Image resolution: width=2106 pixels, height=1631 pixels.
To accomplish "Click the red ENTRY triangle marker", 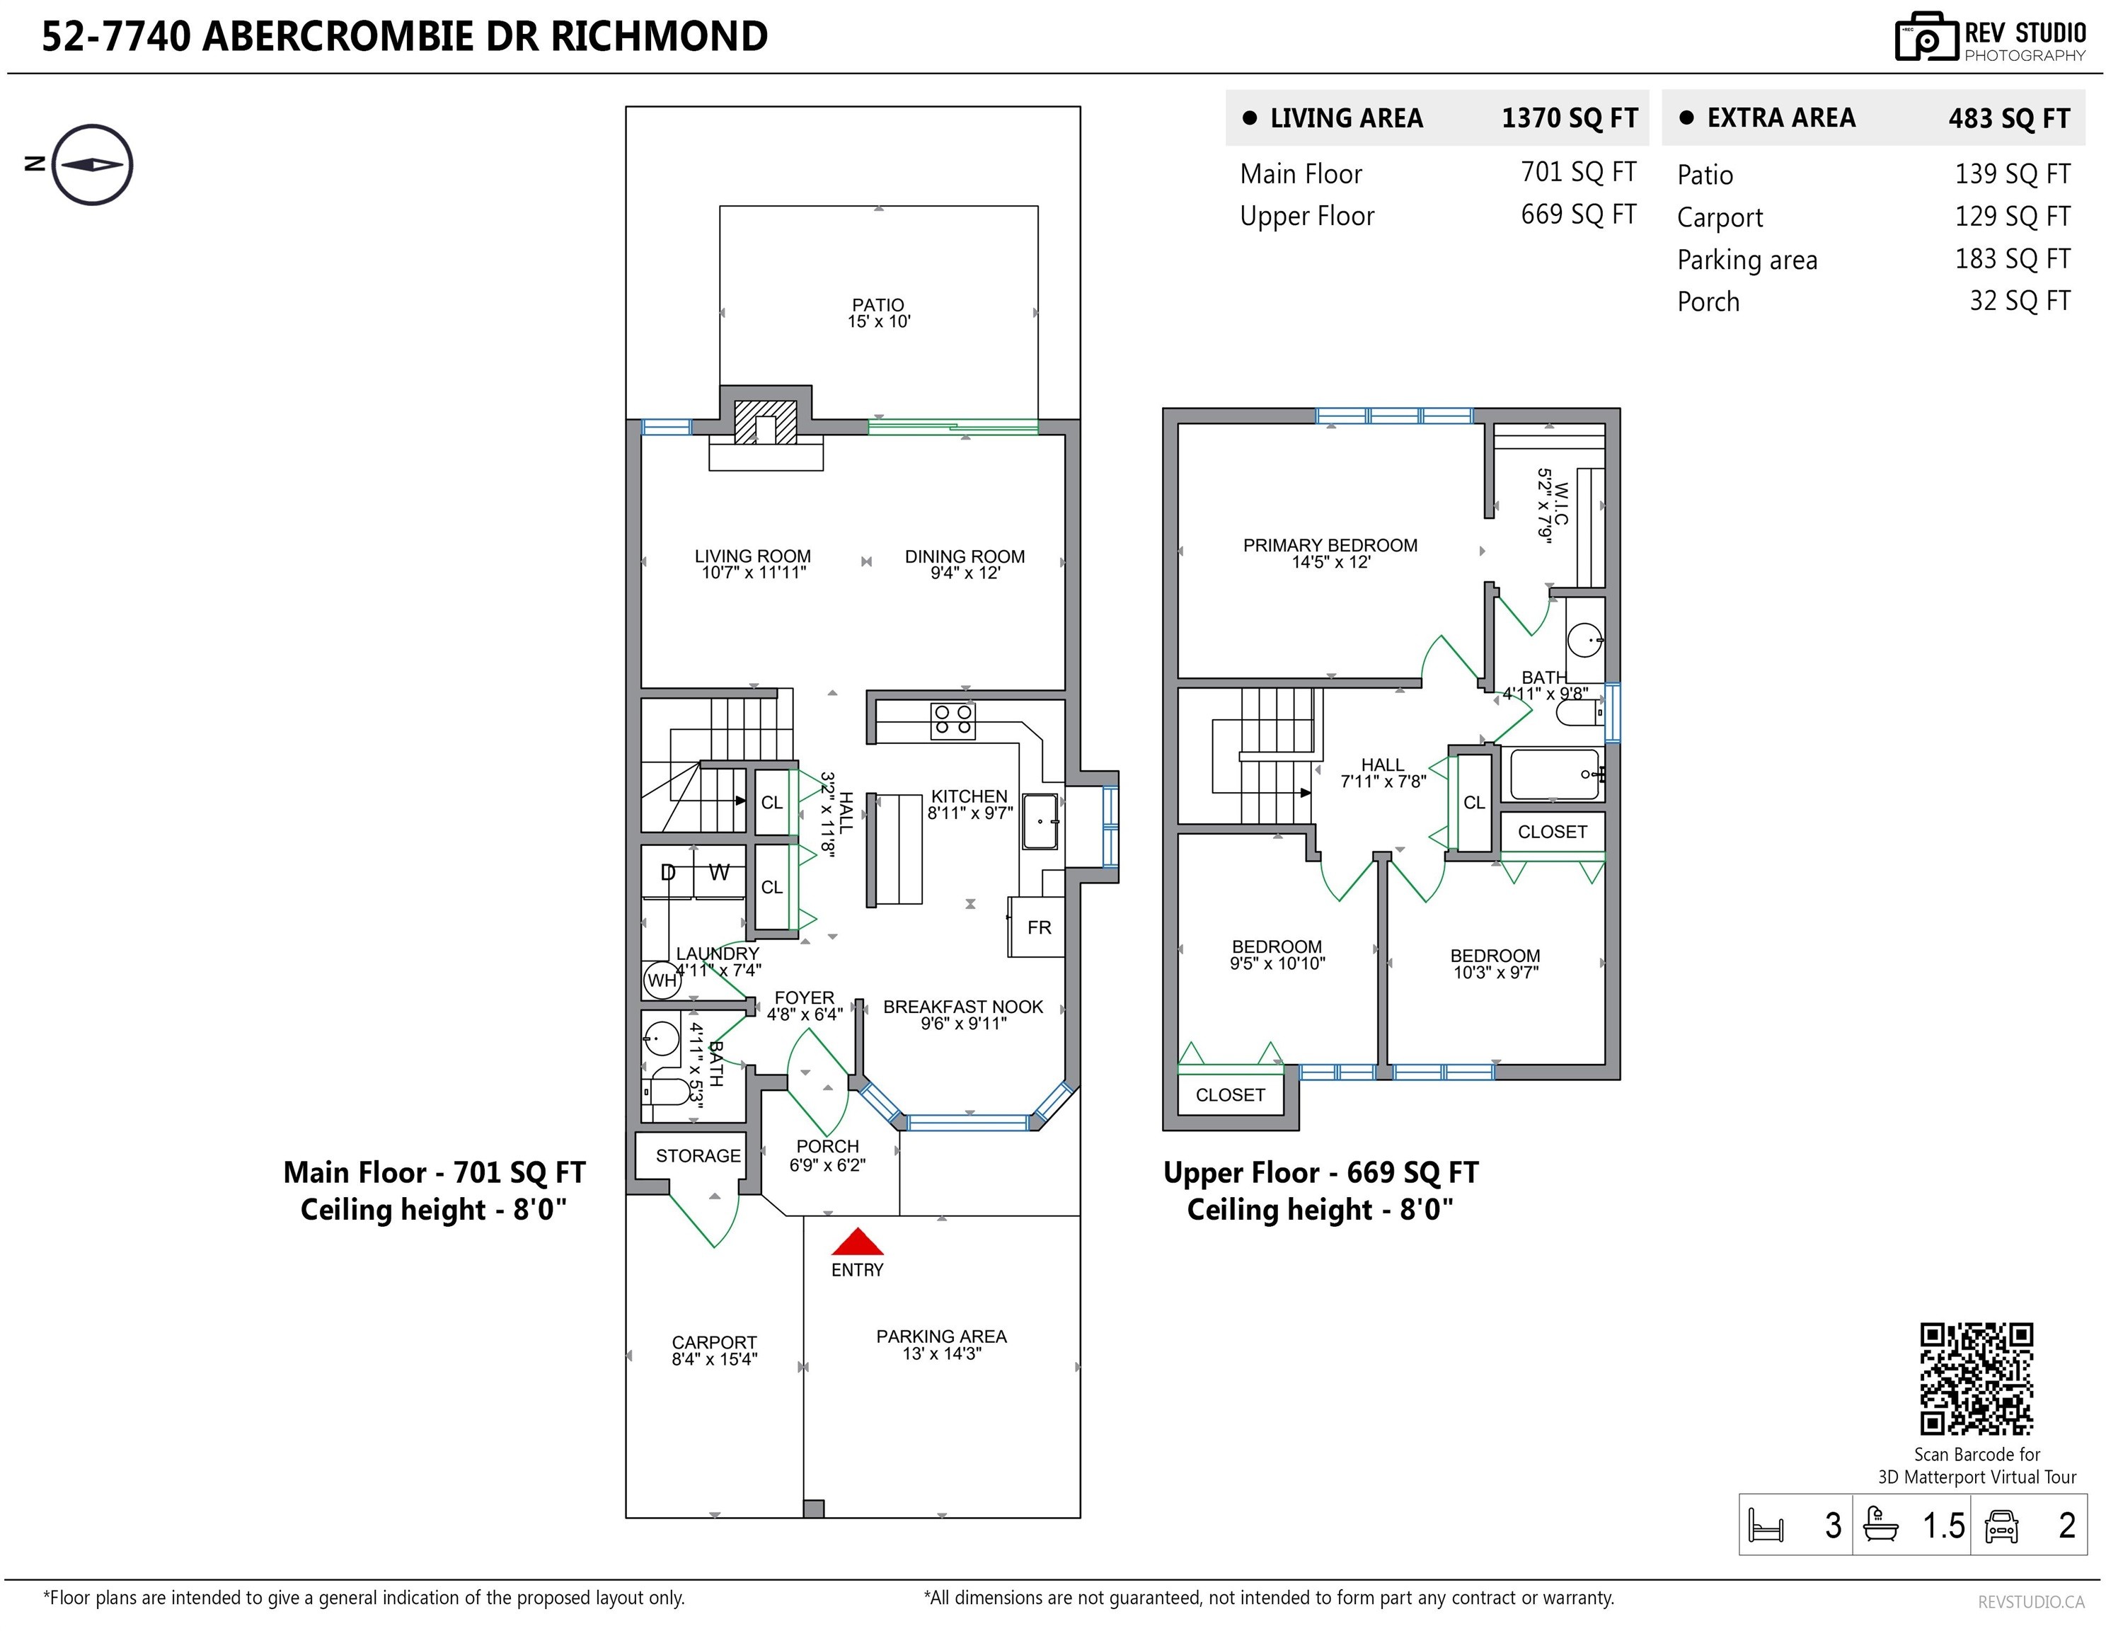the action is [857, 1242].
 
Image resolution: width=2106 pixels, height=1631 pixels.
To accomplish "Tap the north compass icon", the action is [91, 164].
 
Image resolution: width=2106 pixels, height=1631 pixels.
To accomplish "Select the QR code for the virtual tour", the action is [1976, 1378].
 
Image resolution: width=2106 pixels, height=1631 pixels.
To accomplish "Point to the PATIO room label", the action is [878, 305].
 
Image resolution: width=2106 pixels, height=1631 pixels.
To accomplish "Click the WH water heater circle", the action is [662, 980].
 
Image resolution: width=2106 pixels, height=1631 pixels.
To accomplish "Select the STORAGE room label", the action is [698, 1155].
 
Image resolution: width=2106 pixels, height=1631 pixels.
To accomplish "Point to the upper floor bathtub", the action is [1555, 774].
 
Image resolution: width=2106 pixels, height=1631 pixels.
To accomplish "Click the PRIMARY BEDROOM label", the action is [1330, 545].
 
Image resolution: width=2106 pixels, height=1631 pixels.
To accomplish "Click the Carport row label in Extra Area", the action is [1720, 218].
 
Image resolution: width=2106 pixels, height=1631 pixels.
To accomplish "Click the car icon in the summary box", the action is [2002, 1526].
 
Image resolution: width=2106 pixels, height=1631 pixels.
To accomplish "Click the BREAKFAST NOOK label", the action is [963, 1007].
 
